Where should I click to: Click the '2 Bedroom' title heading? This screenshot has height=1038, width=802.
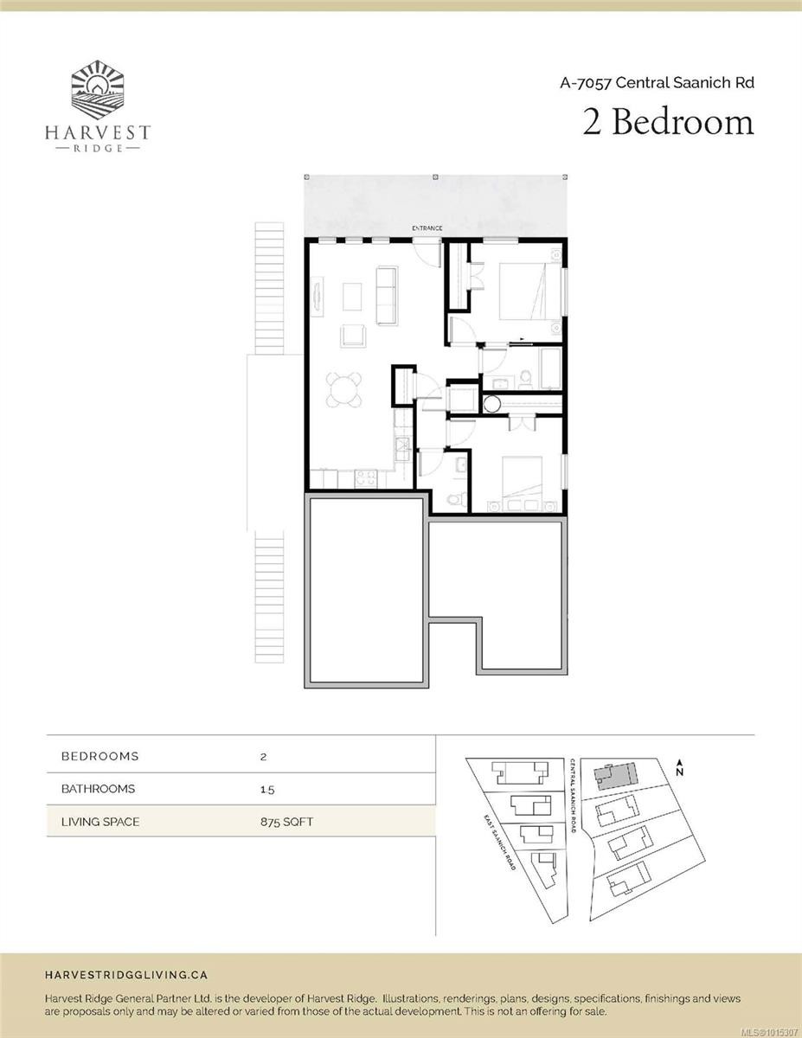click(x=668, y=122)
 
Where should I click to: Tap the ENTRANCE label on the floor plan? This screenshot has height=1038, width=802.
click(x=427, y=228)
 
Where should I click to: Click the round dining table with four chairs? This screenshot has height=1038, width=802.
click(x=344, y=389)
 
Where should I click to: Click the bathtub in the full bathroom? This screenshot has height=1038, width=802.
click(x=550, y=368)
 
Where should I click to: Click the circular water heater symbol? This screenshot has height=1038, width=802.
click(x=493, y=402)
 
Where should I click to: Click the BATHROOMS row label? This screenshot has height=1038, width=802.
click(x=98, y=789)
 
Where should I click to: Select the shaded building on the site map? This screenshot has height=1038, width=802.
click(x=613, y=774)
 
